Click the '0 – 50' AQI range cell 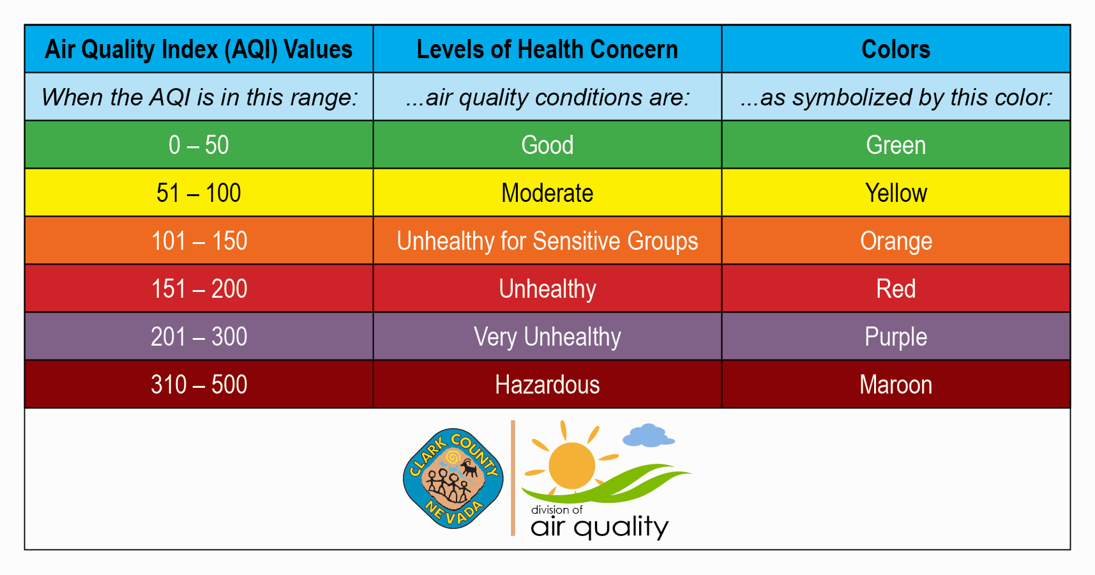(199, 145)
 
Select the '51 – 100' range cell (199, 193)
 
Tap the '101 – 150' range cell (199, 241)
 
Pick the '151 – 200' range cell (199, 289)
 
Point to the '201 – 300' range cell (199, 337)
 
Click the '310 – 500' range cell (199, 385)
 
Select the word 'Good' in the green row (547, 145)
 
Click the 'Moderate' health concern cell (547, 193)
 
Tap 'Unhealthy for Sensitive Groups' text (547, 241)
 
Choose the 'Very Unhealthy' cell (547, 337)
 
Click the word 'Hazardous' (547, 385)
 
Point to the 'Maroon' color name (896, 385)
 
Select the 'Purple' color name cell (896, 337)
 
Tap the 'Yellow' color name (896, 193)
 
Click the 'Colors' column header (896, 49)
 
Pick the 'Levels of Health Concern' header (547, 49)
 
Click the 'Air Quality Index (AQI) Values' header (199, 49)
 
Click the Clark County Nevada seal (453, 479)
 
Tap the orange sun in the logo (571, 465)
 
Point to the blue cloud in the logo (648, 435)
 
